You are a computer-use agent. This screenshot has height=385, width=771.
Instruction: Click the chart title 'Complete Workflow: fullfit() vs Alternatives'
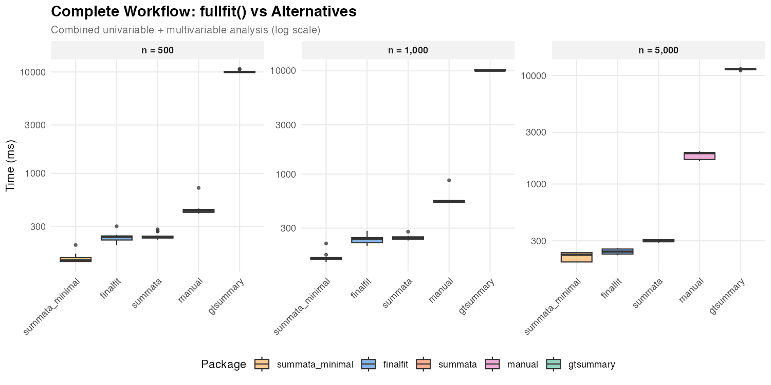coord(204,12)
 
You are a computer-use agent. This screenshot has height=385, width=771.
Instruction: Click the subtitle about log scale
coord(186,30)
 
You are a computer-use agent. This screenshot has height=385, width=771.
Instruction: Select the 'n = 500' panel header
coord(157,50)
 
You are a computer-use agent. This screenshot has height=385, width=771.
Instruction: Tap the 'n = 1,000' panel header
coord(408,50)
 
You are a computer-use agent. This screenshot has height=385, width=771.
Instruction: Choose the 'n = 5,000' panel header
coord(658,50)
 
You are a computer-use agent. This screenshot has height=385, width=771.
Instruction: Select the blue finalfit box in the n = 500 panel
coord(117,238)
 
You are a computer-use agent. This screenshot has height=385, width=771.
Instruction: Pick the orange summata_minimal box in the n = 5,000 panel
coord(576,257)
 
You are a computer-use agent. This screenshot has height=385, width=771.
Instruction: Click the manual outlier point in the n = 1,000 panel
coord(449,180)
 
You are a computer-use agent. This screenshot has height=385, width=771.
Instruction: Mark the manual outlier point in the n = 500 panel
coord(198,188)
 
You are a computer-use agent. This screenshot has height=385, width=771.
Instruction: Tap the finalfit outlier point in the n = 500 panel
coord(117,226)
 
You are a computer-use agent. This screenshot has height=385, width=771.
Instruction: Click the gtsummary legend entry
coord(591,364)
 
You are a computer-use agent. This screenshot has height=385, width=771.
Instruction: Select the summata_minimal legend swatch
coord(262,364)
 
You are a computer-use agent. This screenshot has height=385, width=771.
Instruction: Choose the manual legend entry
coord(522,364)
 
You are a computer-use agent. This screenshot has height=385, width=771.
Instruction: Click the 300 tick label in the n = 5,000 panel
coord(537,241)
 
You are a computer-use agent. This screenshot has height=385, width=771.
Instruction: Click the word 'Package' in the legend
coord(224,364)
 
